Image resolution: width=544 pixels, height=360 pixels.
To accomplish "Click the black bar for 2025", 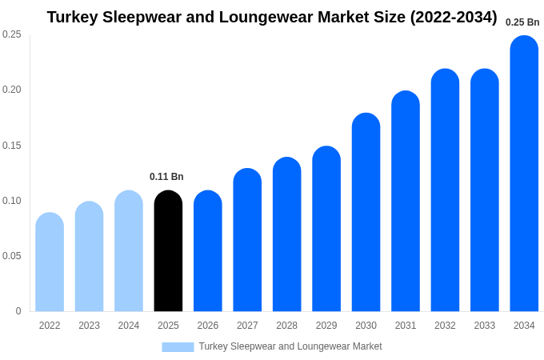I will (x=168, y=251).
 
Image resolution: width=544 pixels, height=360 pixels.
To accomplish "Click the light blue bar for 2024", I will (x=129, y=251).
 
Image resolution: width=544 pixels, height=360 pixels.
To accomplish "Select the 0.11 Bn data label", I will (x=166, y=177).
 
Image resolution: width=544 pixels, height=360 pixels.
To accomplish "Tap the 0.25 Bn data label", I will (x=522, y=22).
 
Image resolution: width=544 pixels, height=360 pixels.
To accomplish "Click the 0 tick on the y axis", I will (x=18, y=311).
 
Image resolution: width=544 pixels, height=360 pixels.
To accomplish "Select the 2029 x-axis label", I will (x=326, y=326).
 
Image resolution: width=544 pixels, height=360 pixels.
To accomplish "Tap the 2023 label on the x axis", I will (x=89, y=326).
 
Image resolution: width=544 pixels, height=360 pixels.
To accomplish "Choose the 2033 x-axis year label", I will (x=484, y=326).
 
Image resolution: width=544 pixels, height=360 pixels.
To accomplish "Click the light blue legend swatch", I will (x=178, y=347).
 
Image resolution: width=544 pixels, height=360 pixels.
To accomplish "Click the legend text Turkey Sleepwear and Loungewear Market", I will (x=290, y=346).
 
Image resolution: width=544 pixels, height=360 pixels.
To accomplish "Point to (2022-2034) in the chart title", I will (x=454, y=17).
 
